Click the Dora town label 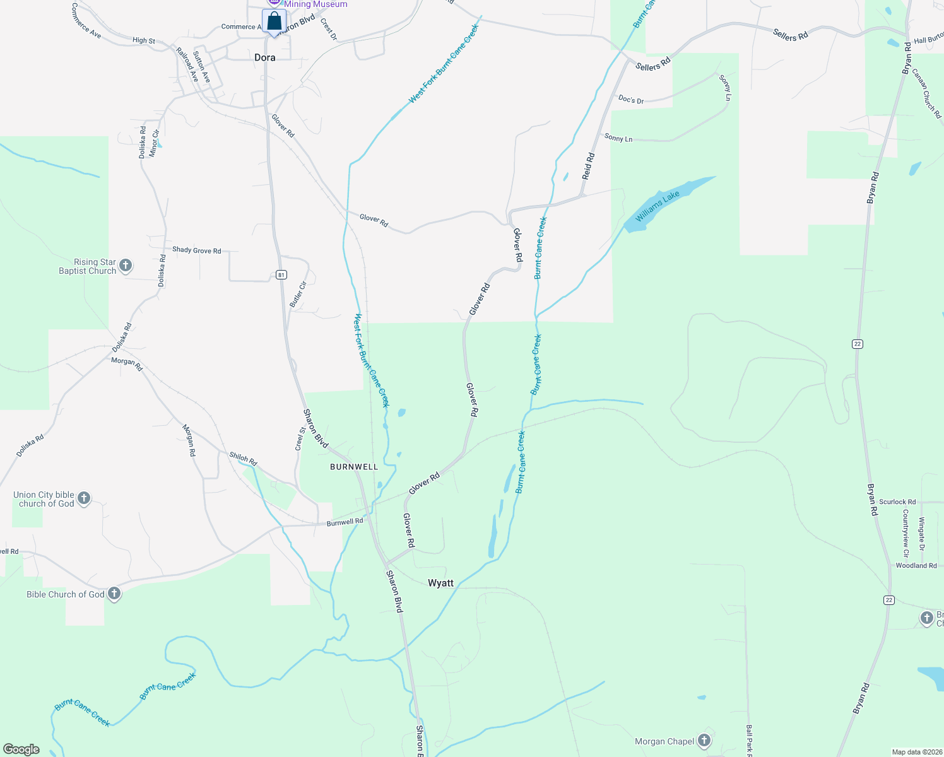(265, 57)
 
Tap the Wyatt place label (440, 583)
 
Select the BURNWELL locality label (354, 467)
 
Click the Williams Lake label (658, 206)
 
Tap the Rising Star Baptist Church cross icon (126, 266)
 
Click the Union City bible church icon (83, 499)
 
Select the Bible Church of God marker (114, 594)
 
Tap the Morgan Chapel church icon (704, 741)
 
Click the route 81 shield (281, 274)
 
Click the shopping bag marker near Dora (274, 21)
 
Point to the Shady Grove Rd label (197, 250)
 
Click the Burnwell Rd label (345, 522)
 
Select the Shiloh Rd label (243, 459)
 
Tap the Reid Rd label (588, 166)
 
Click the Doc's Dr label (631, 100)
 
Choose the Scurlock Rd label (897, 502)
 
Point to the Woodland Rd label (916, 566)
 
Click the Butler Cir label (298, 295)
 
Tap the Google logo (21, 749)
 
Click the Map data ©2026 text (915, 752)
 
